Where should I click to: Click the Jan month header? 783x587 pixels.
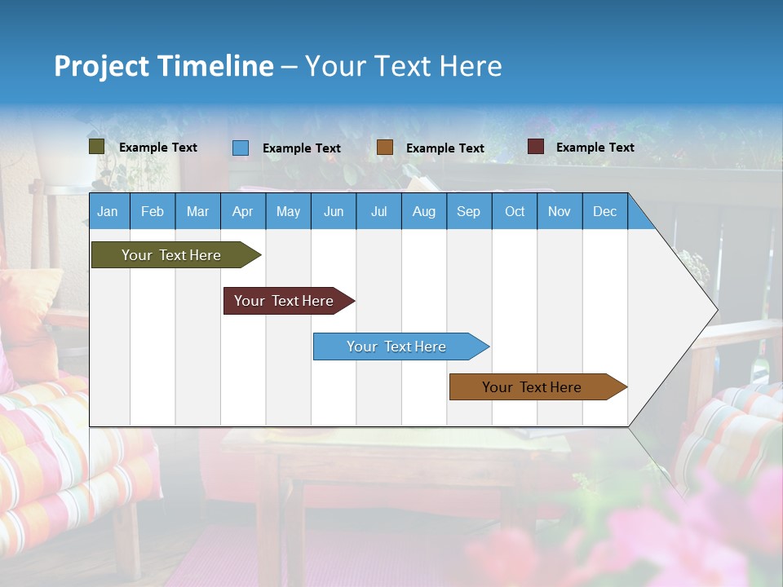click(x=108, y=211)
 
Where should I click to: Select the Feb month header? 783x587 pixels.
click(x=153, y=211)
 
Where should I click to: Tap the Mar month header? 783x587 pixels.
click(x=197, y=211)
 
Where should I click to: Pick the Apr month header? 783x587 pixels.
click(x=243, y=211)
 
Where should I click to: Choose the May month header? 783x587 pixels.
click(x=288, y=211)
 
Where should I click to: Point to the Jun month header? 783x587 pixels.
click(x=334, y=211)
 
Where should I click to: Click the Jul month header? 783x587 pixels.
click(x=378, y=211)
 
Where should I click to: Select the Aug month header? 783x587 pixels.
click(x=424, y=211)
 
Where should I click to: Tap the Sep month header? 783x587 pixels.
click(x=469, y=211)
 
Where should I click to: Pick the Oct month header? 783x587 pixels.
click(x=515, y=211)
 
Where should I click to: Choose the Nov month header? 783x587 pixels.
click(x=560, y=211)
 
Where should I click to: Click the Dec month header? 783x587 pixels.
click(x=605, y=211)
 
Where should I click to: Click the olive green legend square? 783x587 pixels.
click(x=97, y=147)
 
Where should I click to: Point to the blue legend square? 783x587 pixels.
click(x=241, y=148)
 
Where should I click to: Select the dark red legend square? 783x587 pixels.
click(x=536, y=147)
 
